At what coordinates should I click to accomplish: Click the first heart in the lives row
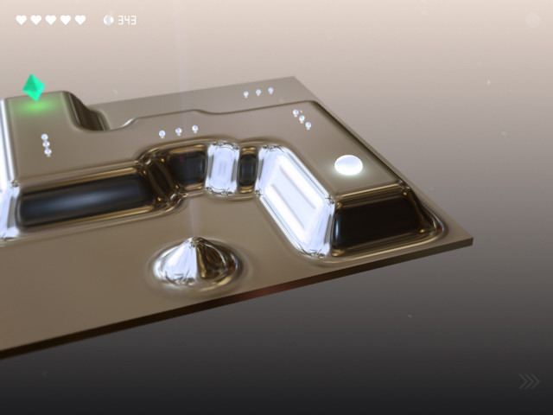click(21, 20)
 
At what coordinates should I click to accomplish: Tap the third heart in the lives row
click(51, 20)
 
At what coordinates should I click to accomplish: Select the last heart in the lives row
click(80, 20)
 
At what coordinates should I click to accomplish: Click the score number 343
click(127, 20)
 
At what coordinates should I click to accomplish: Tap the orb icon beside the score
click(109, 20)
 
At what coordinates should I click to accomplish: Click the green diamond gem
click(34, 87)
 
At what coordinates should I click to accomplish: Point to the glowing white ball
click(348, 165)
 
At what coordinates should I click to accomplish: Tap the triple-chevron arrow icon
click(529, 381)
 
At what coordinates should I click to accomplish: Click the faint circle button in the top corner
click(533, 20)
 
